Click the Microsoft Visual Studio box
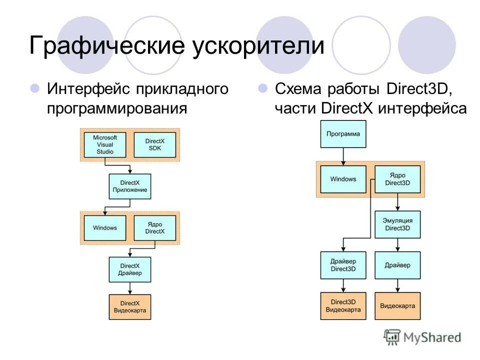(x=105, y=144)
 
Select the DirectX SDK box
(x=154, y=144)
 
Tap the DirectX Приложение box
(x=130, y=186)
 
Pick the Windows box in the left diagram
(x=105, y=228)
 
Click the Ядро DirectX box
(x=154, y=228)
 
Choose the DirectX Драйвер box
(x=130, y=269)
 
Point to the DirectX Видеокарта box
(x=130, y=306)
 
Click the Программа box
(x=343, y=134)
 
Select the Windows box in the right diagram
(x=343, y=179)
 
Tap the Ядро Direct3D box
(x=397, y=179)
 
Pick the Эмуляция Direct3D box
(x=397, y=224)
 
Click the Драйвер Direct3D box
(x=343, y=265)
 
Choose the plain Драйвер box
(x=397, y=265)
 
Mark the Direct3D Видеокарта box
(x=343, y=306)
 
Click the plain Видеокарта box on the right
(x=397, y=306)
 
